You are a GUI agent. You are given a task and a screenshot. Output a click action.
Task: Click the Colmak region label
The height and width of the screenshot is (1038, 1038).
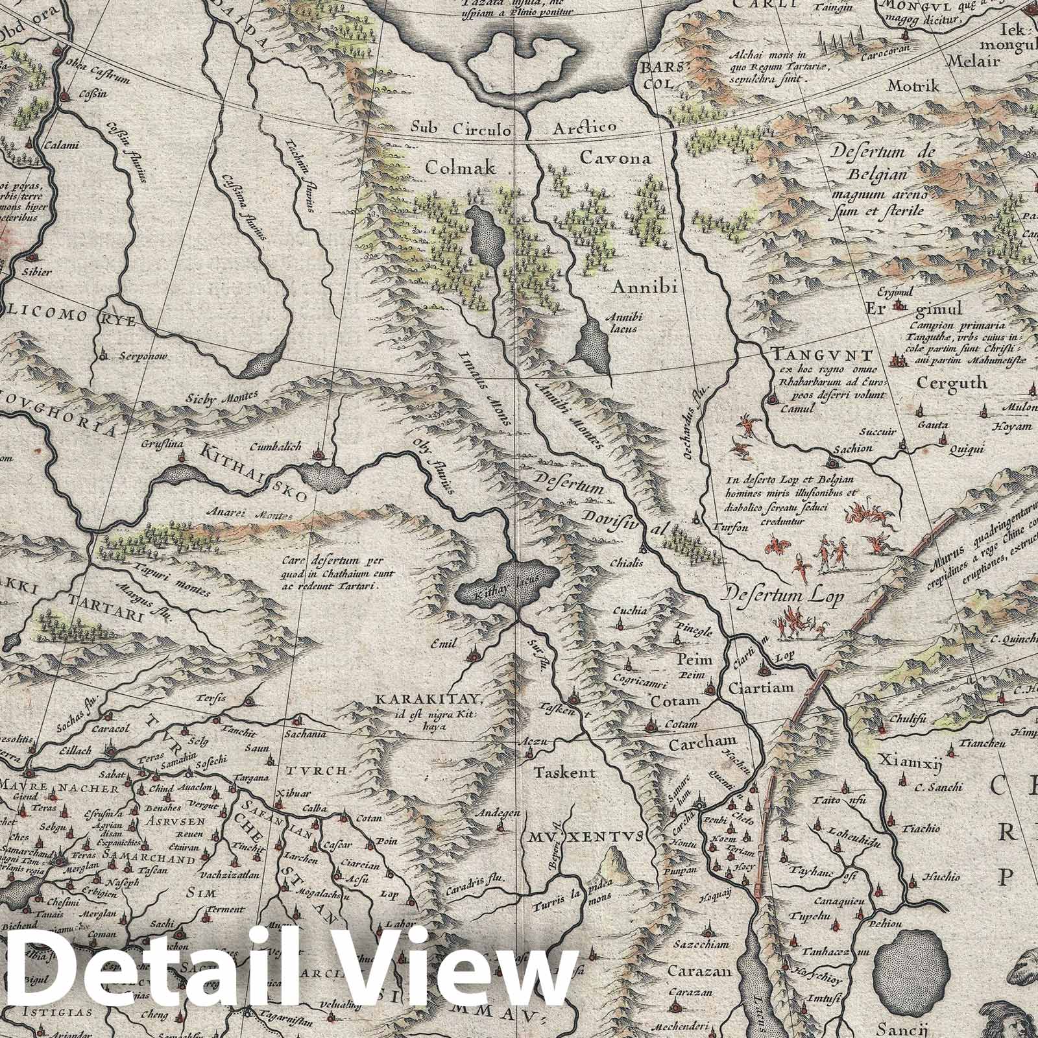click(x=460, y=169)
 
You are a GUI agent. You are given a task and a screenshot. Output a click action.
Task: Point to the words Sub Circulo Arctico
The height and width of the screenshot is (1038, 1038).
click(x=513, y=127)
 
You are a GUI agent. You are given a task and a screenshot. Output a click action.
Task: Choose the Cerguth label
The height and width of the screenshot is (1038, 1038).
click(x=952, y=383)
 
